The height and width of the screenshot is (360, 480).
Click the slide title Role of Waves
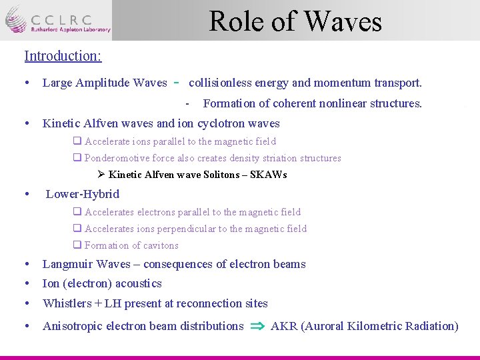point(295,21)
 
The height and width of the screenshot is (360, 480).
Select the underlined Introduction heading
point(63,55)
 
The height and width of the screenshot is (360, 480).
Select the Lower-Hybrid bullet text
point(82,194)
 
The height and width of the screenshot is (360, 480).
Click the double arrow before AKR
point(257,326)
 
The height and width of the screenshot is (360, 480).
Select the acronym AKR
point(284,326)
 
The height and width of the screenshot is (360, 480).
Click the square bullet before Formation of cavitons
point(77,245)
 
